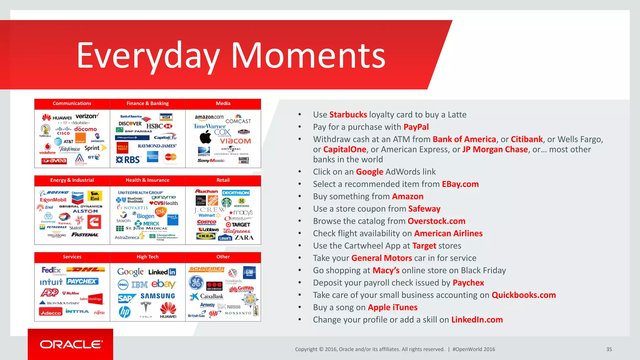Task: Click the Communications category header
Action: pyautogui.click(x=72, y=103)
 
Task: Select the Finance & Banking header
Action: pyautogui.click(x=147, y=103)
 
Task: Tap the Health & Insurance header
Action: pyautogui.click(x=147, y=180)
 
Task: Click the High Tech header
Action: pyautogui.click(x=147, y=257)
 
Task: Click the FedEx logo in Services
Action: pyautogui.click(x=52, y=270)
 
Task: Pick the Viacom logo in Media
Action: pyautogui.click(x=235, y=141)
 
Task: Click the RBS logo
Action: pyautogui.click(x=128, y=160)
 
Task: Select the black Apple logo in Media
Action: pyautogui.click(x=205, y=137)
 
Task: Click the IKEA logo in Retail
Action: pyautogui.click(x=206, y=236)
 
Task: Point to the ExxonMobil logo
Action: pyautogui.click(x=53, y=200)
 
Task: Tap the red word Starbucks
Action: pyautogui.click(x=348, y=115)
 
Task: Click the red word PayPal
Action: pyautogui.click(x=416, y=127)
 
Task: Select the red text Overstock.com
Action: pyautogui.click(x=436, y=221)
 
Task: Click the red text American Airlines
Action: pyautogui.click(x=448, y=233)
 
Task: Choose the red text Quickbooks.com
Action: pyautogui.click(x=523, y=295)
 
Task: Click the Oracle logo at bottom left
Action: pyautogui.click(x=71, y=344)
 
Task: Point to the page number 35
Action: pyautogui.click(x=609, y=349)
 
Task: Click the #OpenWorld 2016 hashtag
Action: pyautogui.click(x=473, y=349)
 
